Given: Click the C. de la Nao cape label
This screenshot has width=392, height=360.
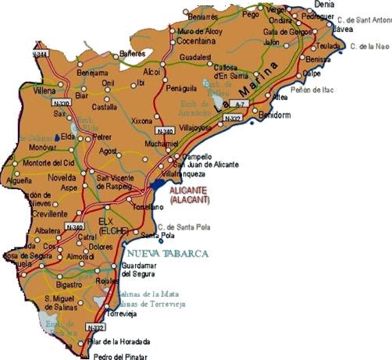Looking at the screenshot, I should [x=369, y=47].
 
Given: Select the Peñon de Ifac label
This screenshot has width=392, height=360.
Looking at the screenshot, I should [x=312, y=91].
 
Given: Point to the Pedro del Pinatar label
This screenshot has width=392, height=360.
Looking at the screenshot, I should [x=119, y=355].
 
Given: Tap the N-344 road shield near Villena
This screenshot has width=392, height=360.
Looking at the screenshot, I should [x=41, y=54].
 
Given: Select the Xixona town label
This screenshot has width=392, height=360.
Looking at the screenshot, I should [x=142, y=121].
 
